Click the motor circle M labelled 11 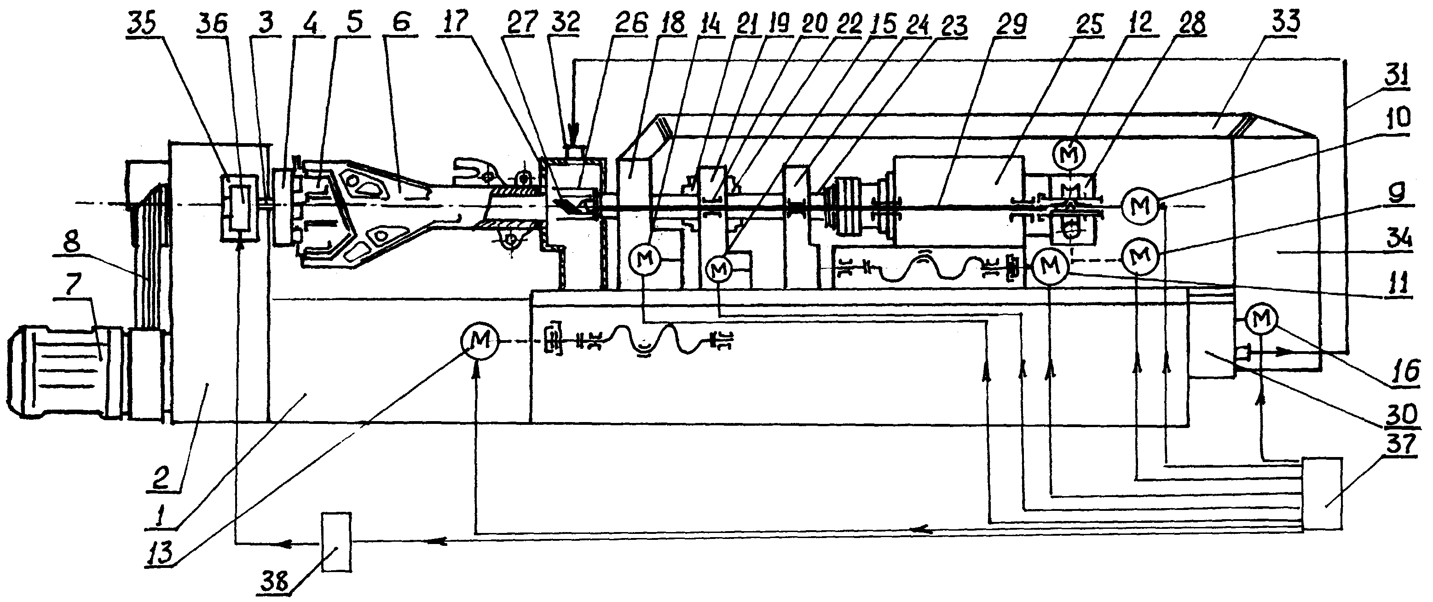(1050, 266)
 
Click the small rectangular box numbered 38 (336, 541)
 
